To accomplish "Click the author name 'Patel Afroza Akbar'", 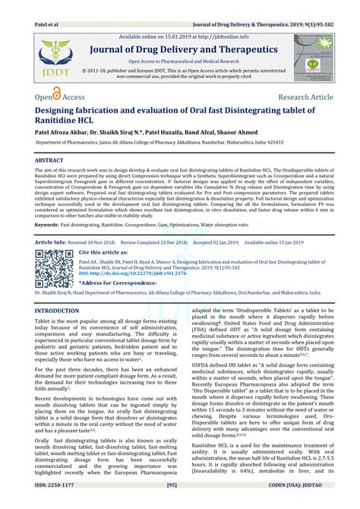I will (64, 131).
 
